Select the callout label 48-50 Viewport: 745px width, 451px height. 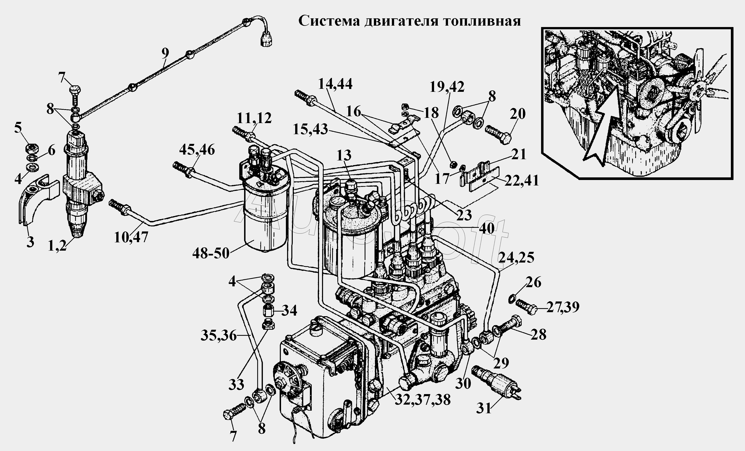[x=211, y=253]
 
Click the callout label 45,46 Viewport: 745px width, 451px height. [x=197, y=150]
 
